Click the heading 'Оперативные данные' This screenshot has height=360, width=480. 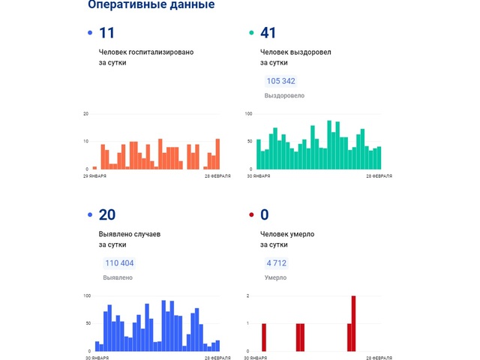(x=151, y=5)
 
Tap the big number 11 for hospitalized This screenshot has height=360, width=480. (x=106, y=32)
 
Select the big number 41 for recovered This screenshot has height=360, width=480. (x=268, y=32)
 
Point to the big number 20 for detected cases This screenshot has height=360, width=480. (x=107, y=215)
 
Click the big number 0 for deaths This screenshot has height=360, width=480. (x=264, y=215)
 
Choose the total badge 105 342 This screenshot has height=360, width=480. (x=280, y=81)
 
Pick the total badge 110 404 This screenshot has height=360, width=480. (x=118, y=263)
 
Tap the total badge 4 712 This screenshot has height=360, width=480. (x=276, y=263)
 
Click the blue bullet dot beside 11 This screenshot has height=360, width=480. (x=90, y=33)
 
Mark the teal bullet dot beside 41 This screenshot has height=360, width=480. (x=251, y=33)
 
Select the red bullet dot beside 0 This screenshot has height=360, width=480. (x=251, y=216)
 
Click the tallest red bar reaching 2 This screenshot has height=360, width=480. (x=353, y=323)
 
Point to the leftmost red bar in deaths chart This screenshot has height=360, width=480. (x=264, y=337)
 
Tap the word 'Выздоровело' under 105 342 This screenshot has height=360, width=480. (x=284, y=96)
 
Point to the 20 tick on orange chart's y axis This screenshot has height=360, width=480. (x=85, y=113)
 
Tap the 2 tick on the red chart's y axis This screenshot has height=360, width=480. (x=248, y=296)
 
